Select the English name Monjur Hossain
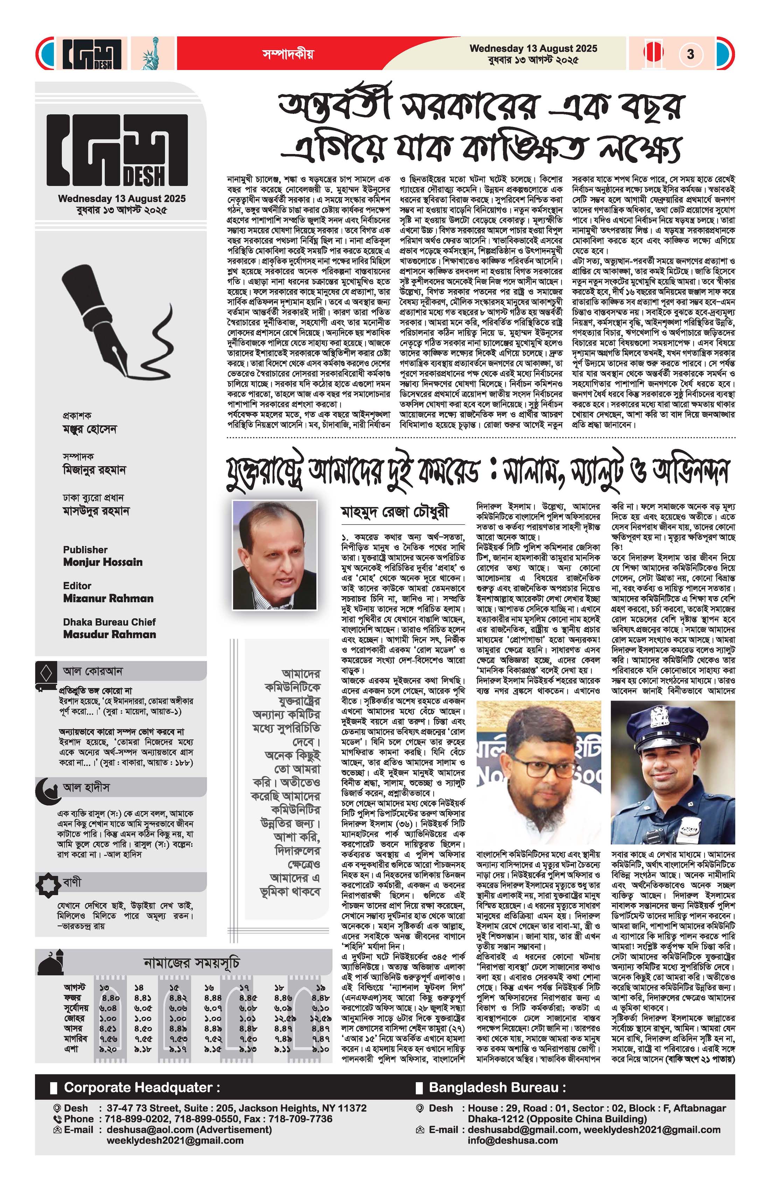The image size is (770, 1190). (x=103, y=562)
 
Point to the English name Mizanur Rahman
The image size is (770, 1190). (x=108, y=598)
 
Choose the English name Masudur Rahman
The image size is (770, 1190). (x=110, y=635)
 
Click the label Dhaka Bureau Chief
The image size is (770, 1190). (x=109, y=622)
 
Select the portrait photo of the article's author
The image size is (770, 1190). (x=274, y=555)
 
